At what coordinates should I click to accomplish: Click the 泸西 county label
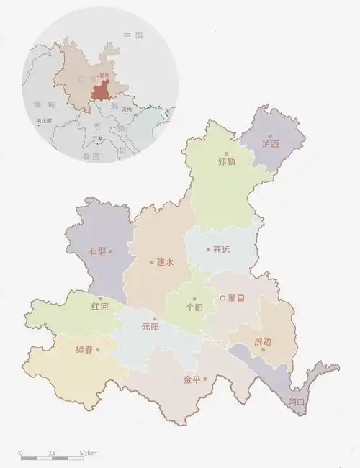pyautogui.click(x=271, y=144)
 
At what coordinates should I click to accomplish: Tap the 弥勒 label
pyautogui.click(x=226, y=161)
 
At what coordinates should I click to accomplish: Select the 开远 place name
pyautogui.click(x=222, y=250)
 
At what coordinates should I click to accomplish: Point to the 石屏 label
pyautogui.click(x=97, y=251)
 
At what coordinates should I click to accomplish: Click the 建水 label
pyautogui.click(x=166, y=263)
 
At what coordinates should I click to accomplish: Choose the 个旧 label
pyautogui.click(x=194, y=307)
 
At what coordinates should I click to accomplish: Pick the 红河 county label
pyautogui.click(x=100, y=307)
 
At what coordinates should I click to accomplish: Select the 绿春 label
pyautogui.click(x=85, y=350)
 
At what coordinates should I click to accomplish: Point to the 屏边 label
pyautogui.click(x=263, y=341)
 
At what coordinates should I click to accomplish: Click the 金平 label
pyautogui.click(x=192, y=379)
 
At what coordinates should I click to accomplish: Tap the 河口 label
pyautogui.click(x=297, y=401)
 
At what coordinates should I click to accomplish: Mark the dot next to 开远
pyautogui.click(x=209, y=250)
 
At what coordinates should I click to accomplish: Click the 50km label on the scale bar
pyautogui.click(x=88, y=452)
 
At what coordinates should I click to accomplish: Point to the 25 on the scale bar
pyautogui.click(x=52, y=452)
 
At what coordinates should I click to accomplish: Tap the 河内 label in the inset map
pyautogui.click(x=127, y=109)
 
